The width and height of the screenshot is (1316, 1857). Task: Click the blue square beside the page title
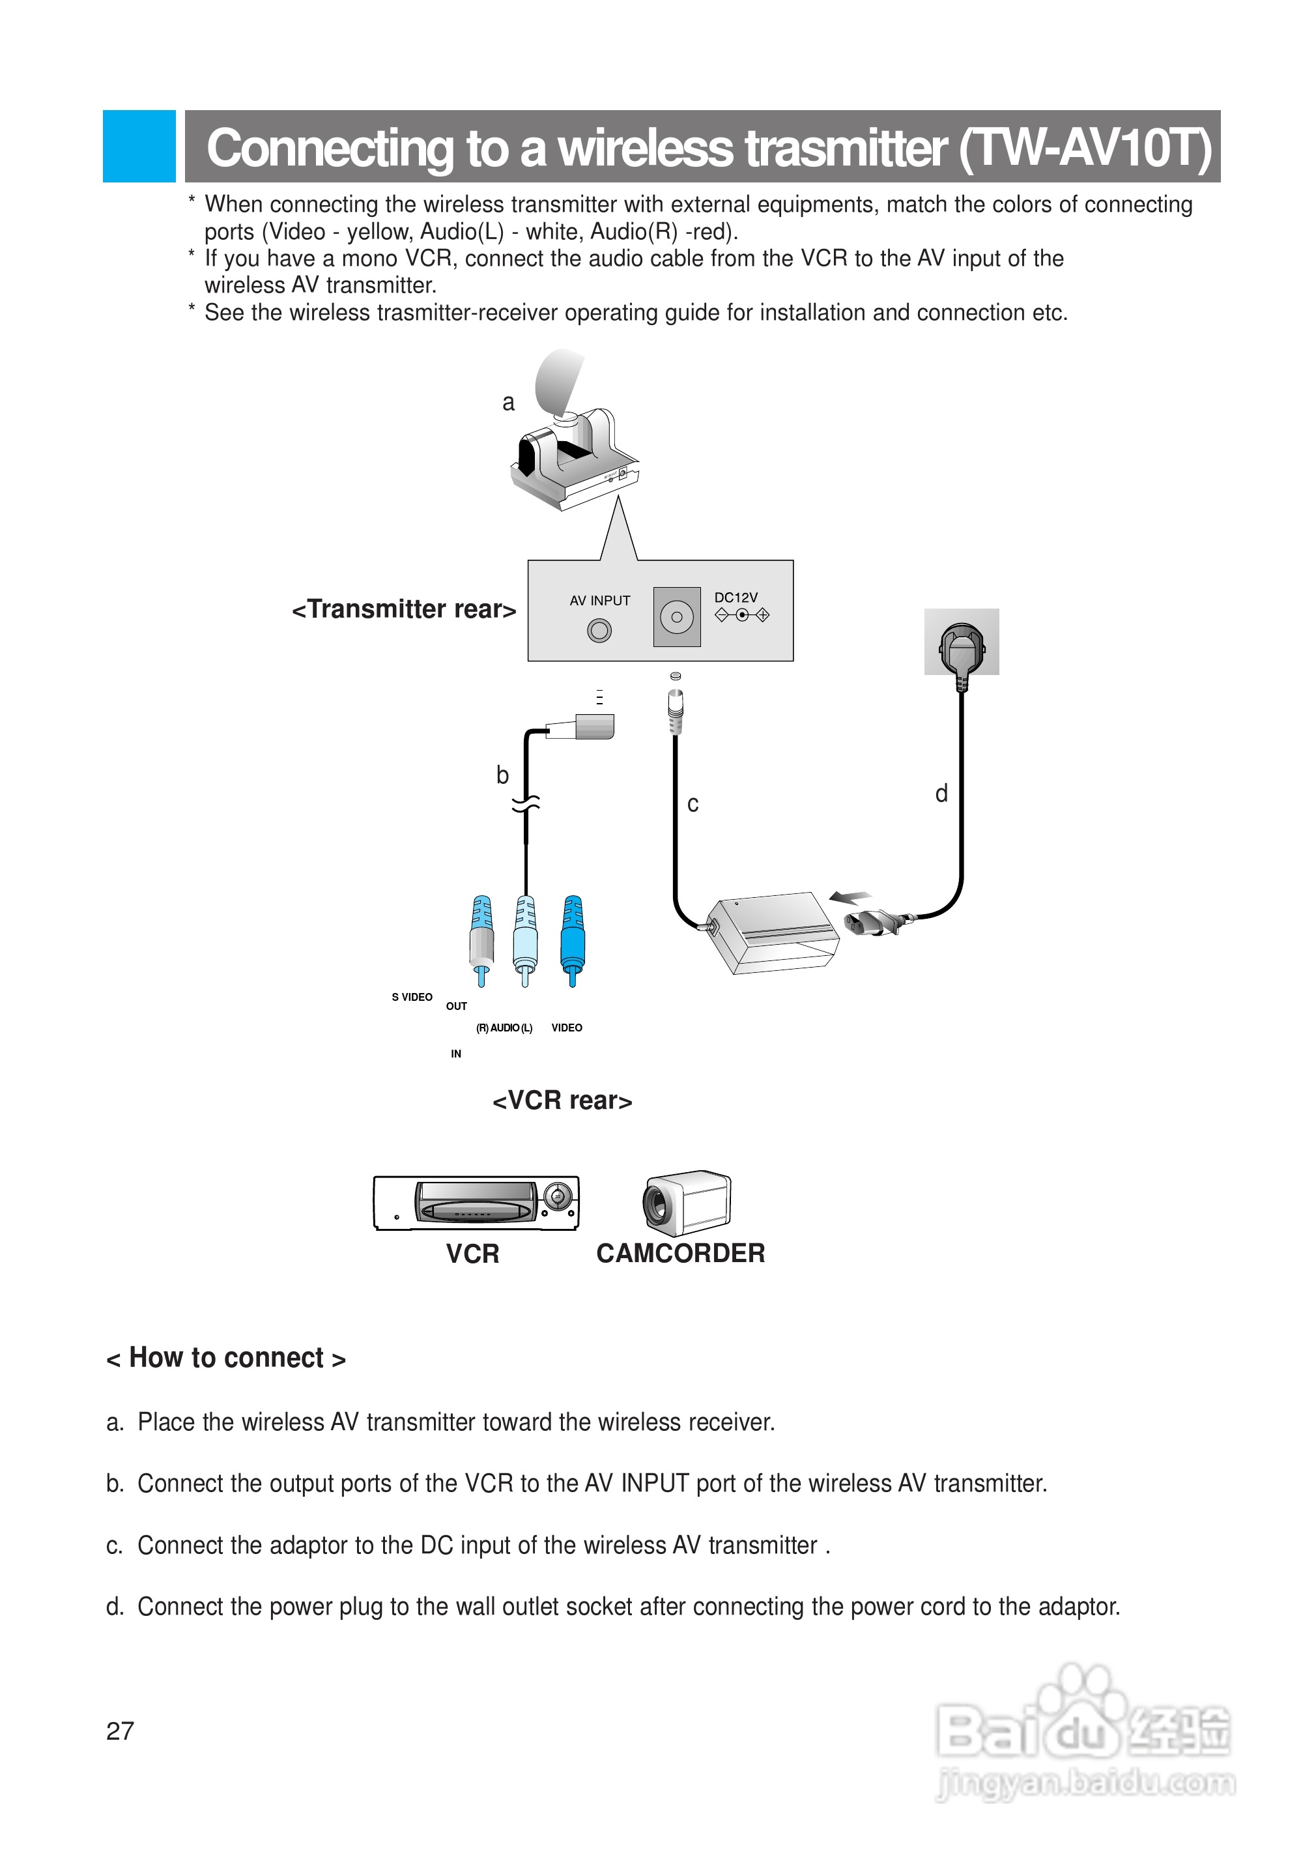pyautogui.click(x=139, y=146)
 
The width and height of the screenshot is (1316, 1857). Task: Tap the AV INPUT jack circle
pyautogui.click(x=599, y=630)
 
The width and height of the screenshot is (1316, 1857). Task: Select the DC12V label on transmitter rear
pyautogui.click(x=735, y=597)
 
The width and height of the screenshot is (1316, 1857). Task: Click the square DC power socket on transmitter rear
pyautogui.click(x=677, y=617)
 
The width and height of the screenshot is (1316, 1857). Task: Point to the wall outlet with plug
pyautogui.click(x=961, y=642)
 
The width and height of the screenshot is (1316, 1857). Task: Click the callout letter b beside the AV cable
pyautogui.click(x=502, y=776)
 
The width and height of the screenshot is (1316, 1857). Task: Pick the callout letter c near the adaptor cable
pyautogui.click(x=693, y=804)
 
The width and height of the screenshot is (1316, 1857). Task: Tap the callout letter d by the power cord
pyautogui.click(x=941, y=794)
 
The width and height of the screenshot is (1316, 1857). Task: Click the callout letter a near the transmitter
pyautogui.click(x=508, y=403)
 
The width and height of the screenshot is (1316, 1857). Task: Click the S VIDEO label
pyautogui.click(x=412, y=997)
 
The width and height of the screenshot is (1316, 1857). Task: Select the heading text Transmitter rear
pyautogui.click(x=403, y=609)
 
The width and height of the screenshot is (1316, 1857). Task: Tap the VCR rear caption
pyautogui.click(x=562, y=1101)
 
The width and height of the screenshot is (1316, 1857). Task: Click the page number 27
pyautogui.click(x=120, y=1731)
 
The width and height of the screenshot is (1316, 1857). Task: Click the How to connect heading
pyautogui.click(x=226, y=1358)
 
